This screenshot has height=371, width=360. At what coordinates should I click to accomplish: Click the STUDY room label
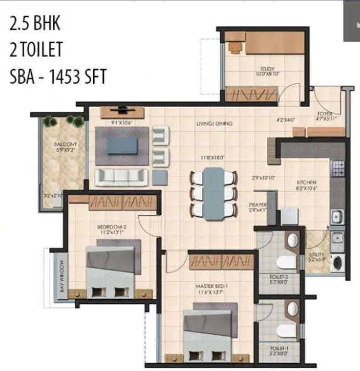(x=264, y=69)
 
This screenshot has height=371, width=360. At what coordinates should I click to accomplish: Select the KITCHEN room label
(x=306, y=182)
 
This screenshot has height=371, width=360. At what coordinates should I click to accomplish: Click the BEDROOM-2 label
(x=108, y=227)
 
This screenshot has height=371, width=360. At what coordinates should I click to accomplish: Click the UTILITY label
(x=317, y=254)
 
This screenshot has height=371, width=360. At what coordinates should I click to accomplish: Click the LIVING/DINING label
(x=214, y=124)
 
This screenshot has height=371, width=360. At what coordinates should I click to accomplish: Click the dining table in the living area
(x=214, y=193)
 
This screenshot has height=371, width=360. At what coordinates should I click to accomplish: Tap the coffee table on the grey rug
(x=122, y=146)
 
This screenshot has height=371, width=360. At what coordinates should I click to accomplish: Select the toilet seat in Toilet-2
(x=285, y=262)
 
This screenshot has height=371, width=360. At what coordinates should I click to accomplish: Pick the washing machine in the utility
(x=337, y=264)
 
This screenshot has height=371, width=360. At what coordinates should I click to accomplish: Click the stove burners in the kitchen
(x=338, y=169)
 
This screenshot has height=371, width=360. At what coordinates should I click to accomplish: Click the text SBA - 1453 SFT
(x=58, y=76)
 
